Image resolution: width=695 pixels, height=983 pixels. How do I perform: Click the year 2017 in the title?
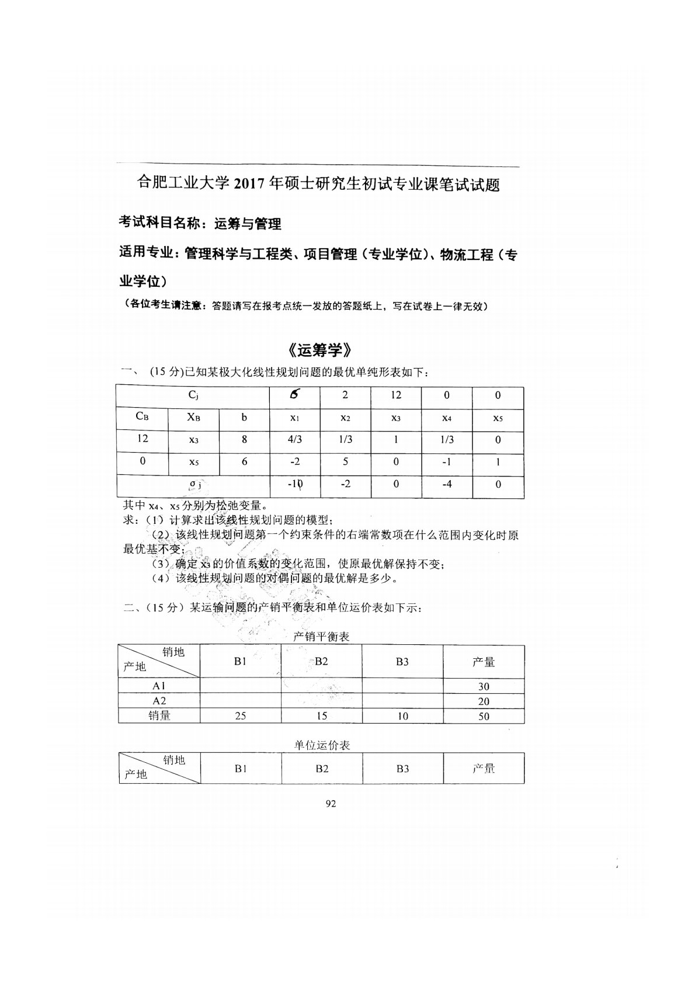click(250, 184)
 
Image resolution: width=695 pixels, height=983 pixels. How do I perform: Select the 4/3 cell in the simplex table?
click(294, 440)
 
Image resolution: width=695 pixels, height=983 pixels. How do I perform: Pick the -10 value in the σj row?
click(294, 484)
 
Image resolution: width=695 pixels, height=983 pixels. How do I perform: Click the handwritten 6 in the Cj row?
click(294, 394)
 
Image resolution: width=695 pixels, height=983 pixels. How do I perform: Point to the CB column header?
click(142, 417)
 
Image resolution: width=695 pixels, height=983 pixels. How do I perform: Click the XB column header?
click(193, 417)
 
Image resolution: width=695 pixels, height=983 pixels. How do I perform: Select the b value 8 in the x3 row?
click(244, 440)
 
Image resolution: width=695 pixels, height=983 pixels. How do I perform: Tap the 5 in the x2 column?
click(345, 461)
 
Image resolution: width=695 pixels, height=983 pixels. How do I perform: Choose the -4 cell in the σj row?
click(447, 484)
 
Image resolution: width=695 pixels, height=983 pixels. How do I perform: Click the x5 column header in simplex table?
click(498, 418)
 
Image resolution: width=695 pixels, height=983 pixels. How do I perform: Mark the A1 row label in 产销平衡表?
click(159, 686)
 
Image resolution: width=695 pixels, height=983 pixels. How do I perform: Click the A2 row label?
click(159, 701)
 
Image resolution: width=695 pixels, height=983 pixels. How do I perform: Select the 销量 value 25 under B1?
click(240, 715)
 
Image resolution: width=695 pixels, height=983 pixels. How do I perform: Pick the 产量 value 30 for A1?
click(484, 686)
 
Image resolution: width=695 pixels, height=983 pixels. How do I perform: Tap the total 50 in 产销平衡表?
click(484, 716)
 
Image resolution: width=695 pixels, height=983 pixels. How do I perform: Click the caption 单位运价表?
click(322, 745)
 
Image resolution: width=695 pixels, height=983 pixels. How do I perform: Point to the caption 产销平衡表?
click(321, 637)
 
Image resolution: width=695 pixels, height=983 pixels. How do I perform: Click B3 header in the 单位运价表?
click(402, 769)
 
